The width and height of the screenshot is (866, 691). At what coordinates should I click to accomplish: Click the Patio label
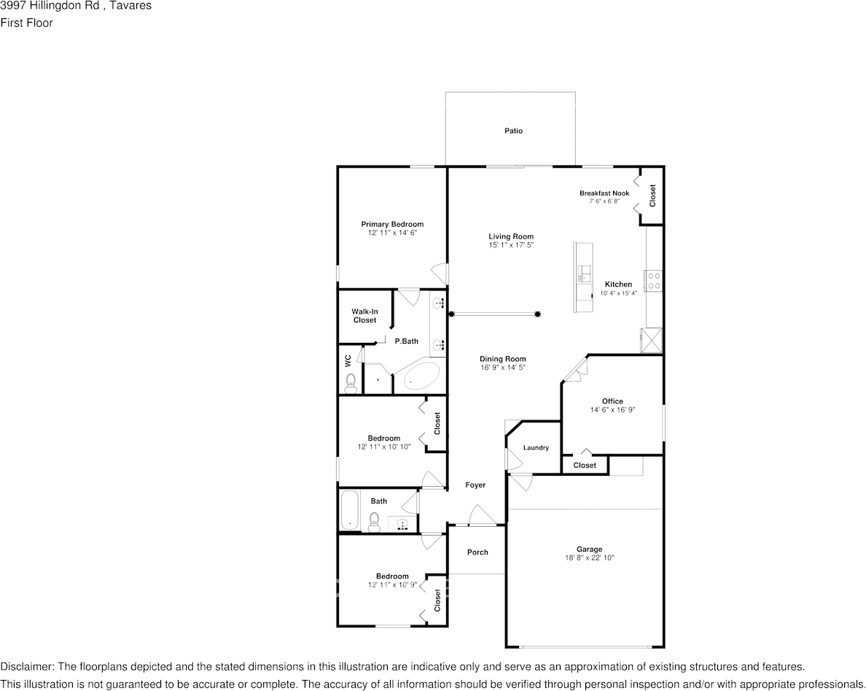pos(513,131)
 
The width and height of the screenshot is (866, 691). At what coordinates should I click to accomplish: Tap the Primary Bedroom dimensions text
pos(392,233)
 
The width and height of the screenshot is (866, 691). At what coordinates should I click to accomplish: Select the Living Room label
pos(511,236)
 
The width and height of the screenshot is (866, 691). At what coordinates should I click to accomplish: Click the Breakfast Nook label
pos(604,193)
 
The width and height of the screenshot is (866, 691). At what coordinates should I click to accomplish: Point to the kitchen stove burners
pos(654,281)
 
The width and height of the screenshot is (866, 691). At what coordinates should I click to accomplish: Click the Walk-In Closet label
pos(364,316)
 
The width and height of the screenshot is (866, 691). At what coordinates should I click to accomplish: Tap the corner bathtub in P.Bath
pos(419,376)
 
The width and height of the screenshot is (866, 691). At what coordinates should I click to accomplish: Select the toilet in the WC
pos(351,381)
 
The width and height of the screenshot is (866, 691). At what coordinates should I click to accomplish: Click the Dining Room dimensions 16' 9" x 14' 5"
pos(502,368)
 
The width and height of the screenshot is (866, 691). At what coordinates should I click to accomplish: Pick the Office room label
pos(612,401)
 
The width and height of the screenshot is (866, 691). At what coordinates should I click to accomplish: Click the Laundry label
pos(536,448)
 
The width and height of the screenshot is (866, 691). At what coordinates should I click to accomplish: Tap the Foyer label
pos(475,485)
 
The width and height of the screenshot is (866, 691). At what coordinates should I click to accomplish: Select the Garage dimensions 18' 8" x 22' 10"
pos(589,558)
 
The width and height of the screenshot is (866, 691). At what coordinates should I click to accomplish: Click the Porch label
pos(477,552)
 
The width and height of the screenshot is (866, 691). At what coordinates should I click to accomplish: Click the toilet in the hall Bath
pos(375,520)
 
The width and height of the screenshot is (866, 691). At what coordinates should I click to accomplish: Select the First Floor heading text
pos(26,23)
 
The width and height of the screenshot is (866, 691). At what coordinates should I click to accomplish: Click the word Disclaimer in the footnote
pos(26,667)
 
